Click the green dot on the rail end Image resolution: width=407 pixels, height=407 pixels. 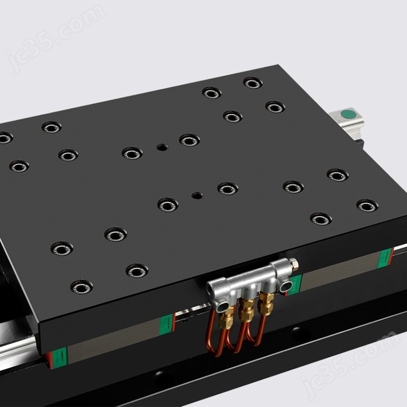(348, 113)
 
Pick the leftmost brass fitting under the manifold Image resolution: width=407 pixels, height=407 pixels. (228, 317)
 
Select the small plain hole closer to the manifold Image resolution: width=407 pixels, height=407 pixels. (197, 195)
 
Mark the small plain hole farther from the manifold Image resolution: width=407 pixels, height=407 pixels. (162, 147)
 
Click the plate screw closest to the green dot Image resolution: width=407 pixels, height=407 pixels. (275, 107)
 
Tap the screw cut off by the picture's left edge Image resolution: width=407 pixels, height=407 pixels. (4, 138)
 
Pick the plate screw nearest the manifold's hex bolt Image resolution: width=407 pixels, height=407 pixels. (321, 218)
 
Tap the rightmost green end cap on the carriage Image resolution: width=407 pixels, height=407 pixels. (385, 257)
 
